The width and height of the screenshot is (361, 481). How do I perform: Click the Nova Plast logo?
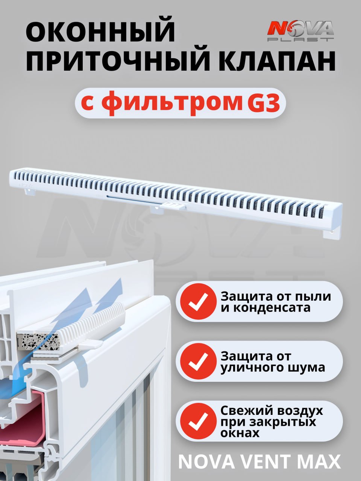click(x=300, y=31)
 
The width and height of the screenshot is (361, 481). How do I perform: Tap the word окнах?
click(x=240, y=433)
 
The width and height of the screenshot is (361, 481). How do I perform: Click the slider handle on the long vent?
click(x=172, y=206)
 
